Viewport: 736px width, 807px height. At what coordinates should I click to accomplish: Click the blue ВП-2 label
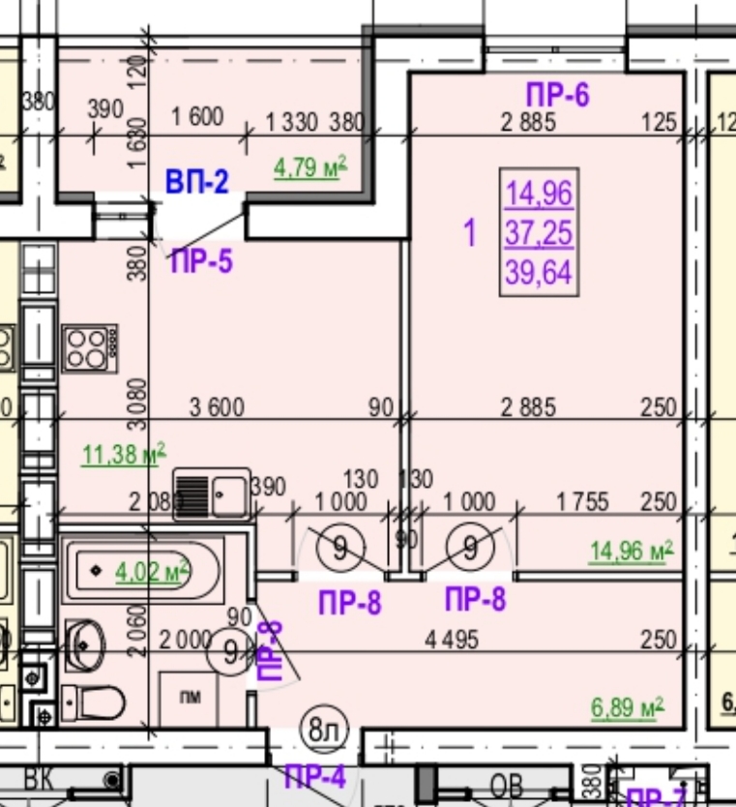196,182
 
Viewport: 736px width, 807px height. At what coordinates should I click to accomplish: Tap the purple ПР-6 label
557,95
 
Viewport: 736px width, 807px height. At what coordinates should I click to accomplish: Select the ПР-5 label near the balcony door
201,261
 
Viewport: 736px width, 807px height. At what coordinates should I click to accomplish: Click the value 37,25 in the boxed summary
539,233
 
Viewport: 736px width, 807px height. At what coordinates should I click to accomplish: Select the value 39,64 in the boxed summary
539,273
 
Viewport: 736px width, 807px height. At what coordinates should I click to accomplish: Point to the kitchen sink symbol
211,493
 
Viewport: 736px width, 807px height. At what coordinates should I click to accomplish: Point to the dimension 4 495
451,640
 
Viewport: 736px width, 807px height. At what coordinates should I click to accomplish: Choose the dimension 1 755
582,502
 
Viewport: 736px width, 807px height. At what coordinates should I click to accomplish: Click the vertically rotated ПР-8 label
270,654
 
